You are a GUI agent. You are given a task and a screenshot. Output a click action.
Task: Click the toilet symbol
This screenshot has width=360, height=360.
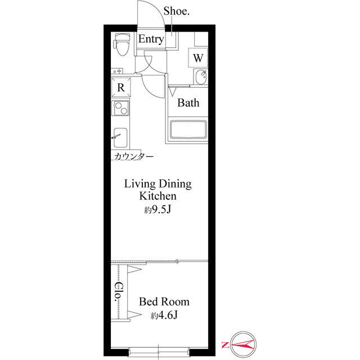click(x=120, y=46)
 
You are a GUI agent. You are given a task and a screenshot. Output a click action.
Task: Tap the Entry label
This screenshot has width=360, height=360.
click(x=151, y=39)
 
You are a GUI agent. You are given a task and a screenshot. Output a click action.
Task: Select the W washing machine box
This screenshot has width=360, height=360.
click(x=198, y=57)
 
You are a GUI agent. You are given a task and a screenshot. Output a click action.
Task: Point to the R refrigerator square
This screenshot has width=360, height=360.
click(x=120, y=88)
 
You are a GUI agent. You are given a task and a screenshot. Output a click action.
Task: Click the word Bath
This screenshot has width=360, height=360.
click(x=188, y=103)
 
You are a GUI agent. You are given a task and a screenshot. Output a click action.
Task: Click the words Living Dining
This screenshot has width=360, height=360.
click(x=158, y=184)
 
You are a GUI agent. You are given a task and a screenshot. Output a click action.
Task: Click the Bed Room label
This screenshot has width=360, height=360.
click(x=164, y=301)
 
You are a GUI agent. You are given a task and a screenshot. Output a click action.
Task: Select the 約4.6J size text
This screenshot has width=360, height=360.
click(x=164, y=316)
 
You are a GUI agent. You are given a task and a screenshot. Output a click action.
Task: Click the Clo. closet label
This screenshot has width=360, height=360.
click(x=119, y=292)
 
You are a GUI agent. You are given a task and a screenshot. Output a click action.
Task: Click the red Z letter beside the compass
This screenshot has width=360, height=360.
click(x=225, y=344)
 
